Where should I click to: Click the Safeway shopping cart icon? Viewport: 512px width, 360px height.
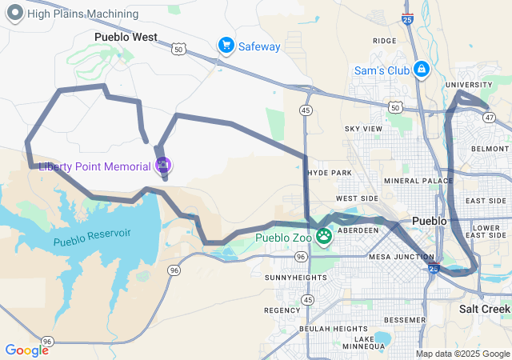coord(226,46)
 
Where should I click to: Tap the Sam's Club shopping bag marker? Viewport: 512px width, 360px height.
coord(421,70)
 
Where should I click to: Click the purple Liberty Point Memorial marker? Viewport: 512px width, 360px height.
coord(163,166)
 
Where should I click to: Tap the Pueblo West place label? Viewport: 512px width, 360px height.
coord(126,37)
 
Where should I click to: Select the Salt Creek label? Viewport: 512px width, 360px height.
coord(484,309)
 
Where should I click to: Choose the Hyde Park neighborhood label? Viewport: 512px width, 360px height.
coord(329,173)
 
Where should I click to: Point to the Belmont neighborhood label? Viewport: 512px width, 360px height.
coord(490,149)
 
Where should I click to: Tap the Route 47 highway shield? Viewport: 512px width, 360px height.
coord(489,117)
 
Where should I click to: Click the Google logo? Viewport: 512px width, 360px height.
coord(26,350)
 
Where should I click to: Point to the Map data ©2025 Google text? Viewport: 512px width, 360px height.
coord(462,354)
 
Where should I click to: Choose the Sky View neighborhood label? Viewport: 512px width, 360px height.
coord(363,129)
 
